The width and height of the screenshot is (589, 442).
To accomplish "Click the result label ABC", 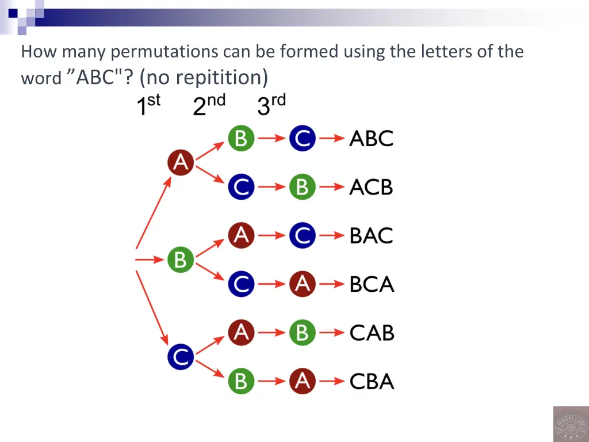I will click(371, 139).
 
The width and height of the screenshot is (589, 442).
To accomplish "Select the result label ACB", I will click(371, 187).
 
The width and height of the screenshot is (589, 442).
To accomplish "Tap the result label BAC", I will click(371, 235).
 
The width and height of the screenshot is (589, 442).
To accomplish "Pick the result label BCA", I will click(372, 284).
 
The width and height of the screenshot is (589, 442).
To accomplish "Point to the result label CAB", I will click(372, 333).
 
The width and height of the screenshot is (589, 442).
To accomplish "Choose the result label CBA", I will click(372, 381).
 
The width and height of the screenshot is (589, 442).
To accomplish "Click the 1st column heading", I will click(148, 105).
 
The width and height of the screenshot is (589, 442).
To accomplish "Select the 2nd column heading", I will click(209, 105).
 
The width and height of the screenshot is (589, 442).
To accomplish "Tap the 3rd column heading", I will click(271, 105).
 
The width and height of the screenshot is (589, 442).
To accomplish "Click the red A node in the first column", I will click(181, 163).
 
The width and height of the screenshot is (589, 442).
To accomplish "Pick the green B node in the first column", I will click(181, 260).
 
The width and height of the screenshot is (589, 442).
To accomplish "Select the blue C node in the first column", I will click(181, 357).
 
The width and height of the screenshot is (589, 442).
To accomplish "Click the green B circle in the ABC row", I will click(241, 139).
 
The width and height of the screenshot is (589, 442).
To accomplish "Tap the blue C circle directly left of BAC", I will click(302, 235).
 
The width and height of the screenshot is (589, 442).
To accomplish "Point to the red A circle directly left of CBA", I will click(302, 381).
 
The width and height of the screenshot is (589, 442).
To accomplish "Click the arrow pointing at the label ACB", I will click(332, 187).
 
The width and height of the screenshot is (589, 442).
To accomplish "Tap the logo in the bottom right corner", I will click(570, 424).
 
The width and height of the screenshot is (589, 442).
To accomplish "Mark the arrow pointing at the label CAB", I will click(332, 333).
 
